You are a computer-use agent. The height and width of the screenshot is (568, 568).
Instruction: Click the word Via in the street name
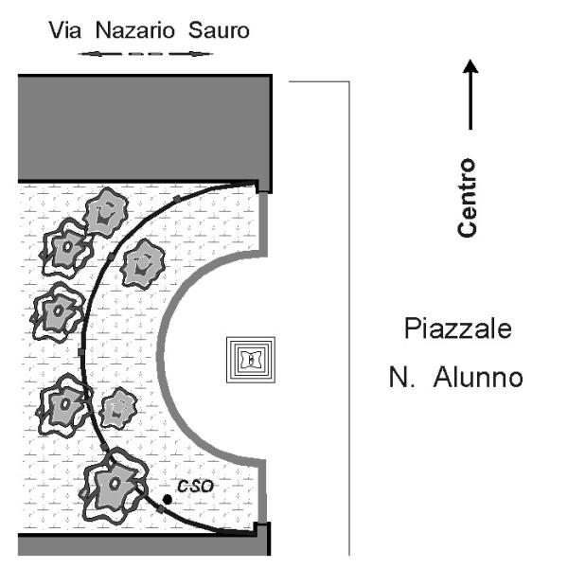[64, 31]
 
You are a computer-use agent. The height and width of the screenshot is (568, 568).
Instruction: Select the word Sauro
[219, 31]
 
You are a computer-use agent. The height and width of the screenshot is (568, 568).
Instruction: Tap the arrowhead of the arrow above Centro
[471, 69]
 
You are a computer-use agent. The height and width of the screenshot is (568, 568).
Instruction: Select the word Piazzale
[457, 331]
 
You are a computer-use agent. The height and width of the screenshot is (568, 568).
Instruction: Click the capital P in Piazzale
[410, 331]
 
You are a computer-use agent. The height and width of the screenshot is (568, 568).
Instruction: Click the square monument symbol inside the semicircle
[250, 360]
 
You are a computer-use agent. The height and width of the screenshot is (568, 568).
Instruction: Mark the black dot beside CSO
[167, 499]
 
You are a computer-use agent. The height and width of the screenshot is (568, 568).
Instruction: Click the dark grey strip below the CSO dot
[142, 546]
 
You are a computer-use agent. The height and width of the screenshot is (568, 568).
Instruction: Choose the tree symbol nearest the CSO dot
[115, 483]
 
